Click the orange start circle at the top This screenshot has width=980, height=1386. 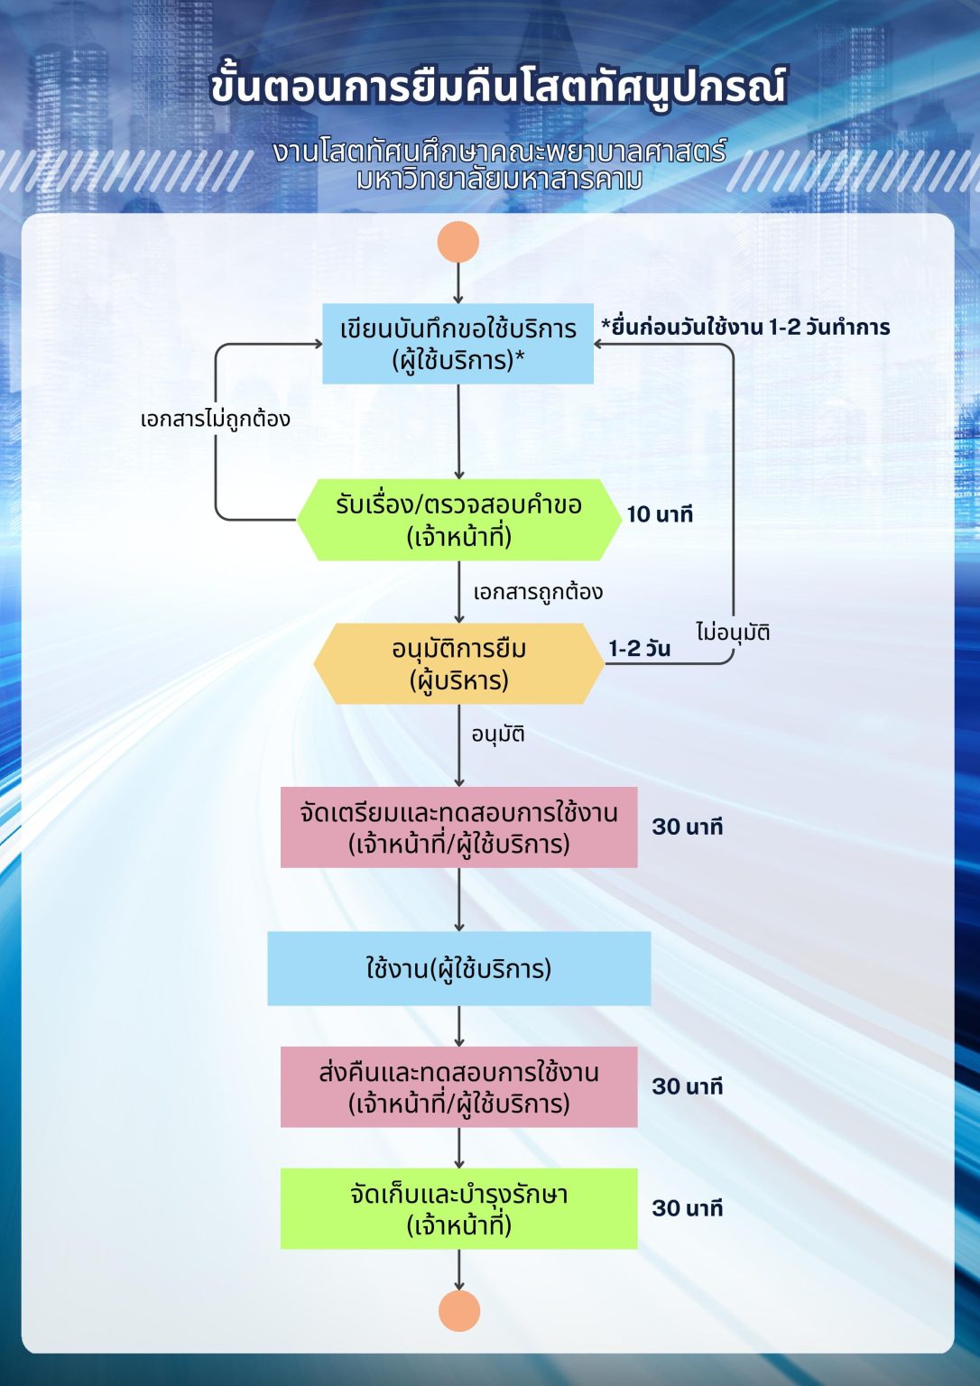458,242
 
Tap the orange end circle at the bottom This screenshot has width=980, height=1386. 458,1310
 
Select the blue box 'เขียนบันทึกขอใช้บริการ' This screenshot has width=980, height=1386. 458,344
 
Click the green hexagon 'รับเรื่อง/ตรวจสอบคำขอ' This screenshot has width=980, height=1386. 458,520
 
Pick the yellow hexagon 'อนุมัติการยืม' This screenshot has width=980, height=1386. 458,663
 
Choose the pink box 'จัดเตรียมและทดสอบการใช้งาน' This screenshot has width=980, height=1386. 458,827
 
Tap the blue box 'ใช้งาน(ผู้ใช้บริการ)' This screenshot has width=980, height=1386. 458,968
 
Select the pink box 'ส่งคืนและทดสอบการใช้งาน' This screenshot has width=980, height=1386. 458,1086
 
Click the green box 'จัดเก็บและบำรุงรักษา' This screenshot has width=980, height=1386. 458,1208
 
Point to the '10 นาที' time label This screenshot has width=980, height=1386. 660,514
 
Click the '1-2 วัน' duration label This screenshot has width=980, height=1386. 639,649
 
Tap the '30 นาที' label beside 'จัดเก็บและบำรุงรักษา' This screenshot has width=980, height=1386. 687,1208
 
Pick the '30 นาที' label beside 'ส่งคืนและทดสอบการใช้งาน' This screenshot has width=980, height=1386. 687,1086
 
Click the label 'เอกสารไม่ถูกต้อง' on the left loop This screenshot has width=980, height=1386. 215,419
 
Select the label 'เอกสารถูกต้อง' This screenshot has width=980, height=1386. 538,592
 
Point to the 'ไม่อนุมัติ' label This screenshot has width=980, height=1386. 733,632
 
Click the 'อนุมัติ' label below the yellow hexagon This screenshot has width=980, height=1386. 497,734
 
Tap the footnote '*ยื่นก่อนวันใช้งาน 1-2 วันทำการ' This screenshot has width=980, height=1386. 745,327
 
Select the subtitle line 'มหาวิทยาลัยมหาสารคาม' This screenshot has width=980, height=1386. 498,180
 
